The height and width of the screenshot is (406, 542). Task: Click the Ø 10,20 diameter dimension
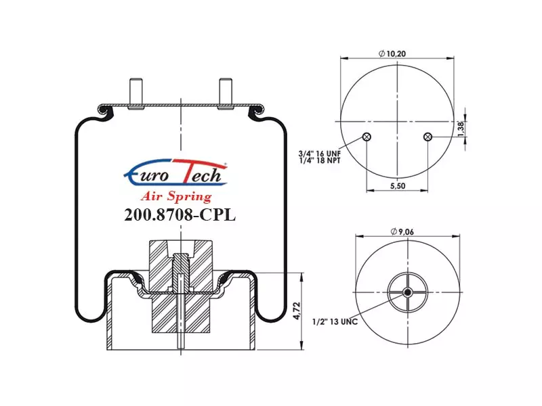392,53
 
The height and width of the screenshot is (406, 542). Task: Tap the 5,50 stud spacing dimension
398,185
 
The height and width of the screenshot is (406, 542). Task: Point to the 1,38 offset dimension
461,129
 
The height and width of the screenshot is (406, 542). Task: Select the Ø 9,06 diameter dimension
402,231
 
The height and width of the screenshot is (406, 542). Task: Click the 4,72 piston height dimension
297,311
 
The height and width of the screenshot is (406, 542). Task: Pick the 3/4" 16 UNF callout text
319,154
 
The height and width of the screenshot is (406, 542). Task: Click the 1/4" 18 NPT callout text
320,160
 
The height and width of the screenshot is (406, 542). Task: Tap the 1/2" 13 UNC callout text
335,322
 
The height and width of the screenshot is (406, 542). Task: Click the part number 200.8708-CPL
180,215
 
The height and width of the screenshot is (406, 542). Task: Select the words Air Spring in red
176,197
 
